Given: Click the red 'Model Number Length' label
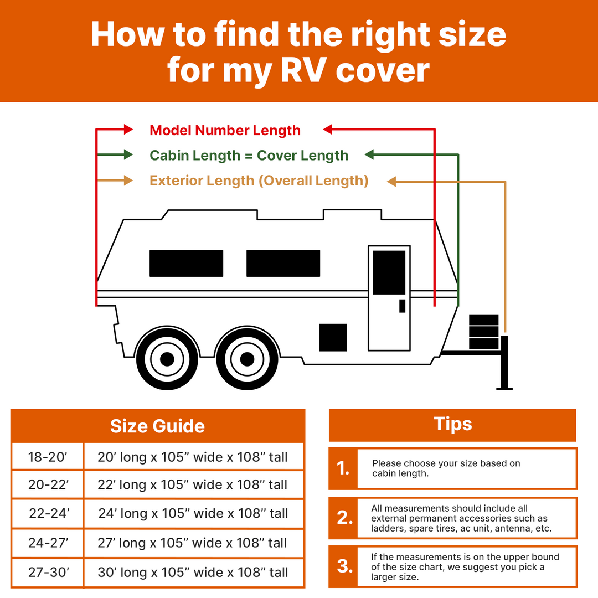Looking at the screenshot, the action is [225, 131].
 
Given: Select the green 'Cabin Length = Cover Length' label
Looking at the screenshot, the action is [249, 156].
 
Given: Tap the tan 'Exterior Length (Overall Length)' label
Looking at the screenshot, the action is [259, 181].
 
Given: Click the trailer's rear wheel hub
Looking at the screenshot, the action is [167, 359].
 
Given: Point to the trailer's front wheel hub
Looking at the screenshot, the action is [247, 359].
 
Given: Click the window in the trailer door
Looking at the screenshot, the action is [389, 272].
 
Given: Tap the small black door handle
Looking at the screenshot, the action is [402, 306].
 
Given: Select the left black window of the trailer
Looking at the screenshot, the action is [186, 263].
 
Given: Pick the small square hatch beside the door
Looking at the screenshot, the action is [333, 338].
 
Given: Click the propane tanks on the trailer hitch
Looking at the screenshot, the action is [483, 332].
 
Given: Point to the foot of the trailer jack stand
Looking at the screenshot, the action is [504, 389].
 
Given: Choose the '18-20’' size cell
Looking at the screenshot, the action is [48, 457].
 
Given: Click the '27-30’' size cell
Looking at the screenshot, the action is [48, 572].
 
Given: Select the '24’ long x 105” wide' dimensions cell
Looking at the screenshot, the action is [193, 513].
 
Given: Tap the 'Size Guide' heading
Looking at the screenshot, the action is [157, 426].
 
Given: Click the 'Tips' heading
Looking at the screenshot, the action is [453, 424].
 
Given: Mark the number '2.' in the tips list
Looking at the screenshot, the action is [344, 518].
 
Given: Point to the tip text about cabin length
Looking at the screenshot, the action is [446, 468].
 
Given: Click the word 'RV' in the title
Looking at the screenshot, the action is [303, 70].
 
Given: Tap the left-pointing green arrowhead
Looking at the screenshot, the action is [369, 154].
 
